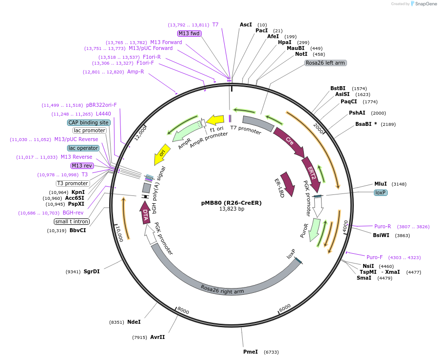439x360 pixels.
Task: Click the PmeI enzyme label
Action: (x=250, y=352)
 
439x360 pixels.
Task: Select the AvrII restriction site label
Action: (x=157, y=337)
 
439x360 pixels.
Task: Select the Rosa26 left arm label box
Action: (x=325, y=63)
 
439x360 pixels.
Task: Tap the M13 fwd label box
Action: (x=189, y=33)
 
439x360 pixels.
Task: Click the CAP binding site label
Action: (x=89, y=122)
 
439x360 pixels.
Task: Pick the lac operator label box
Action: (x=83, y=148)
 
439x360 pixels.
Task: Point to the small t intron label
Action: (x=72, y=221)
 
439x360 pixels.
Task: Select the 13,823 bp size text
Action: (x=231, y=209)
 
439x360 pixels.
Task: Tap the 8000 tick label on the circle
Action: (x=183, y=310)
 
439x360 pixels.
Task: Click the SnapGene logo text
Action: (x=424, y=4)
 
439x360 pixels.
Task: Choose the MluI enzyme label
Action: (x=380, y=184)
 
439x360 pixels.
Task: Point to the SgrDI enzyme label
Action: (x=92, y=271)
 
